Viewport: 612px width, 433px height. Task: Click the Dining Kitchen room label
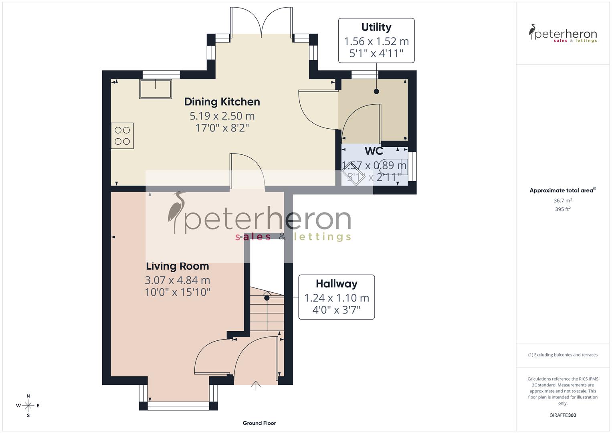coord(222,102)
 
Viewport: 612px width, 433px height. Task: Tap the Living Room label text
coord(177,266)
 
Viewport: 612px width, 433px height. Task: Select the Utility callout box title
coord(376,27)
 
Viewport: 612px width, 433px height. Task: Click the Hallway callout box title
coord(336,284)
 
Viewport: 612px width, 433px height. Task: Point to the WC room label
coord(374,151)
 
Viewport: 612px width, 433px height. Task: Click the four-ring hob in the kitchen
coord(122,136)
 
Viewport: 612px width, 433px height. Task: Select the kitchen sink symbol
coord(155,89)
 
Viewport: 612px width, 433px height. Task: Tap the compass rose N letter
coord(28,396)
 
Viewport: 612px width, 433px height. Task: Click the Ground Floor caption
coord(259,423)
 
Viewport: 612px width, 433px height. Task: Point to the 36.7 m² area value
coord(563,200)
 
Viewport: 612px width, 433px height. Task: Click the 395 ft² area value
coord(563,209)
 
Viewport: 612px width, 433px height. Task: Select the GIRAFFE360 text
coord(563,415)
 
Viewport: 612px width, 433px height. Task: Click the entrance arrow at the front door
coord(256,385)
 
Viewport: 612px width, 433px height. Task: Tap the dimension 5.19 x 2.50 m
coord(222,116)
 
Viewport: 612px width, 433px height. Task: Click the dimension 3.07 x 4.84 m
coord(177,280)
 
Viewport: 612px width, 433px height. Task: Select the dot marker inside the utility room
coord(376,91)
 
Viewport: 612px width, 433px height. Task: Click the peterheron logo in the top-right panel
coord(563,34)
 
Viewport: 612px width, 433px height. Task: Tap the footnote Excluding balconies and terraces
coord(563,355)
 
